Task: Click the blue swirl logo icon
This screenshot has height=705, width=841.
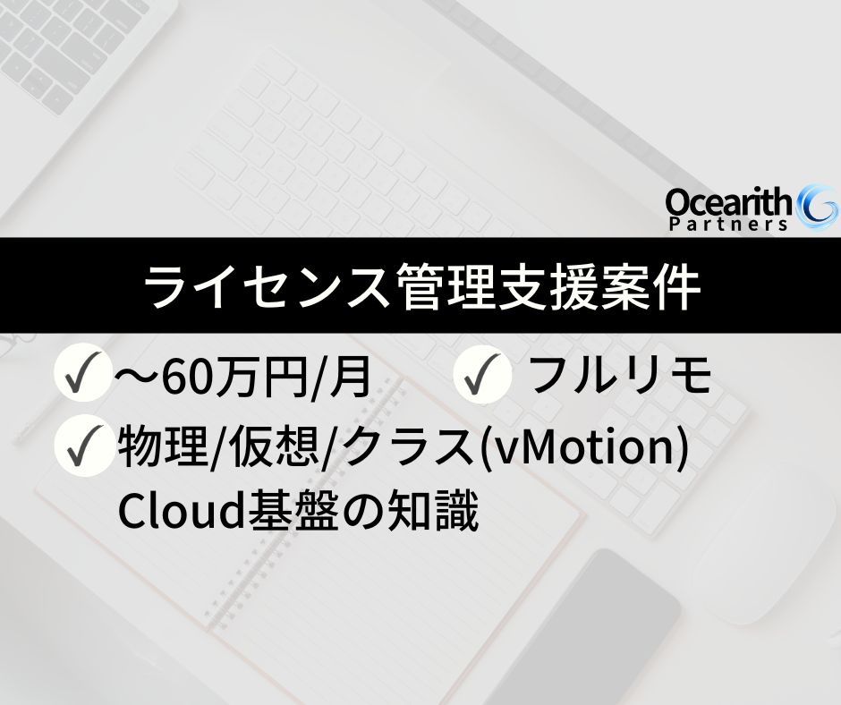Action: coord(818,208)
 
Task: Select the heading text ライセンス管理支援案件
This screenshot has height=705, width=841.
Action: coord(420,286)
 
